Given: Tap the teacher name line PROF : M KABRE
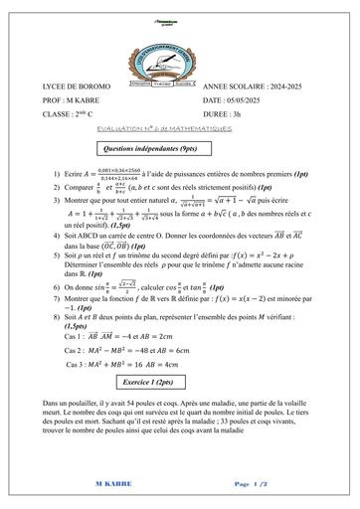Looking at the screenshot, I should click(71, 101).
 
